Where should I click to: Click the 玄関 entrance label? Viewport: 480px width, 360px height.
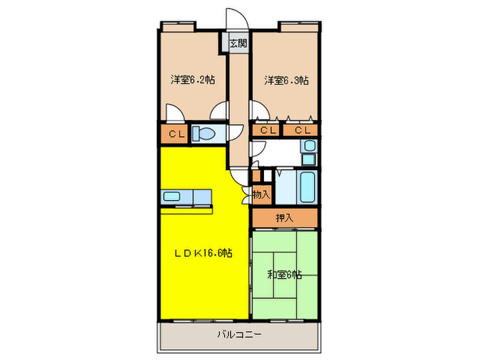point(238,43)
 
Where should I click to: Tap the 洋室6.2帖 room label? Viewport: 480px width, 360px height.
point(193,80)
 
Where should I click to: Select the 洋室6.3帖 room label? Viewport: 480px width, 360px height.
point(287,80)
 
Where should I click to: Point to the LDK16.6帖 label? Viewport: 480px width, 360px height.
point(203,253)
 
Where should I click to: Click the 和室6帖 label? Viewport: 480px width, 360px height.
point(285,274)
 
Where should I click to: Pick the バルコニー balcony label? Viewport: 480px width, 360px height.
point(239,335)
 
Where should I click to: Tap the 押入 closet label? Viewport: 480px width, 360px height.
point(285,218)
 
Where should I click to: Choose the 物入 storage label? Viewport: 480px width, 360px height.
point(261,194)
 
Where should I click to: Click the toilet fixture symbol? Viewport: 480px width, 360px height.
point(204,134)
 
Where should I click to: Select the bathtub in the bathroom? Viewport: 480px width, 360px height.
point(307,187)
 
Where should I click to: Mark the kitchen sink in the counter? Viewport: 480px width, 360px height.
point(171,196)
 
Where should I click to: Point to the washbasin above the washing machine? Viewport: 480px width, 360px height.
point(310,145)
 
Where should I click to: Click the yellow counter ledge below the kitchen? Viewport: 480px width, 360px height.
point(187,211)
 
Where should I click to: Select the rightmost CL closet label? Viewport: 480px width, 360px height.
point(303,131)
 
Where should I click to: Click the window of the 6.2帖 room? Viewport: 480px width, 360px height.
point(178,26)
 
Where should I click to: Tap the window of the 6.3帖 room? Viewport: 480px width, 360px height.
point(300,26)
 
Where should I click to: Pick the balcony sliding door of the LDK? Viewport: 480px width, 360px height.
point(203,321)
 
